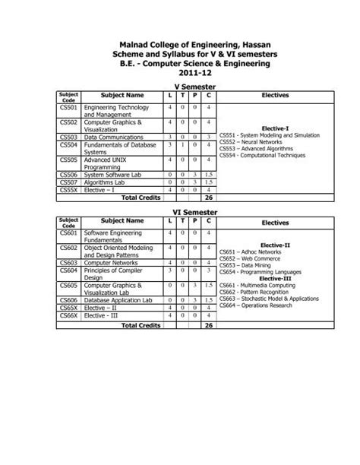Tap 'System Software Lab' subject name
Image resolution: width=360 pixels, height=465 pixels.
pos(115,175)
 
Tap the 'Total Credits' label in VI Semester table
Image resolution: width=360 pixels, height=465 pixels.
pos(141,324)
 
